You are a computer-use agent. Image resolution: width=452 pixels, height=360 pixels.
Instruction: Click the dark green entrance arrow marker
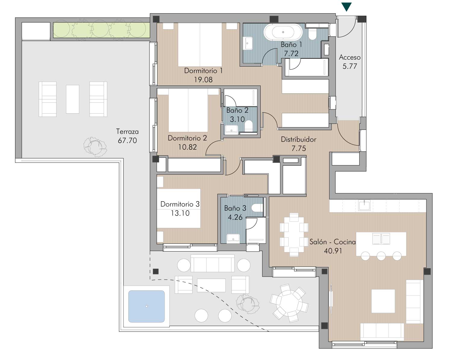(x=346, y=7)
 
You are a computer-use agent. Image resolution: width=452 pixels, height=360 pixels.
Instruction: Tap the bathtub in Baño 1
(x=283, y=32)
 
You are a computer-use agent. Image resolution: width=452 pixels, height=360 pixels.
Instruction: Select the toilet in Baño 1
(x=312, y=34)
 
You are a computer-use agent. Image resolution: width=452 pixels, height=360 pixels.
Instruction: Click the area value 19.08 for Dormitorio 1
(x=203, y=80)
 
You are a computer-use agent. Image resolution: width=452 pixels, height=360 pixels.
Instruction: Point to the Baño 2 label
(x=237, y=110)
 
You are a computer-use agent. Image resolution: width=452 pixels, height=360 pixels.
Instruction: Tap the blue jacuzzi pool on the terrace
(x=146, y=306)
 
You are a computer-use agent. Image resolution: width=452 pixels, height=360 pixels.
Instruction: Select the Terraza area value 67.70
(x=127, y=140)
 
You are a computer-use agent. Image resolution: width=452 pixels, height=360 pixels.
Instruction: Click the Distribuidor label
(x=298, y=139)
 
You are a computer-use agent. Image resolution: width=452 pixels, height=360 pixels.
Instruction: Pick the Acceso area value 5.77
(x=350, y=66)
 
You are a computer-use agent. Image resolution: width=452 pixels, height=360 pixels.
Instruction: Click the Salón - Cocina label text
(x=332, y=242)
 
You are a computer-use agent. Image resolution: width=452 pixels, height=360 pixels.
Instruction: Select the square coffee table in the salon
(x=383, y=301)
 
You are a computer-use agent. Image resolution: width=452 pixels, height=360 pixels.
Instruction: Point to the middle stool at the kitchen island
(x=381, y=256)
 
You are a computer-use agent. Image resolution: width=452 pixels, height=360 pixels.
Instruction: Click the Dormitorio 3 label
(x=180, y=204)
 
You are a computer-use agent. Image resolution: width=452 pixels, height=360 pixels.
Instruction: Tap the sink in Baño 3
(x=233, y=238)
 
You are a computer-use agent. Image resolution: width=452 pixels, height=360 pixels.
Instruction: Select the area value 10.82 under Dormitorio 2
(x=187, y=147)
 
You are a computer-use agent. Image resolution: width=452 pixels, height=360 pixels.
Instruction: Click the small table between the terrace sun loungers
(x=72, y=99)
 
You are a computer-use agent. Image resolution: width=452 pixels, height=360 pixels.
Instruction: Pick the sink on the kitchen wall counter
(x=364, y=205)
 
